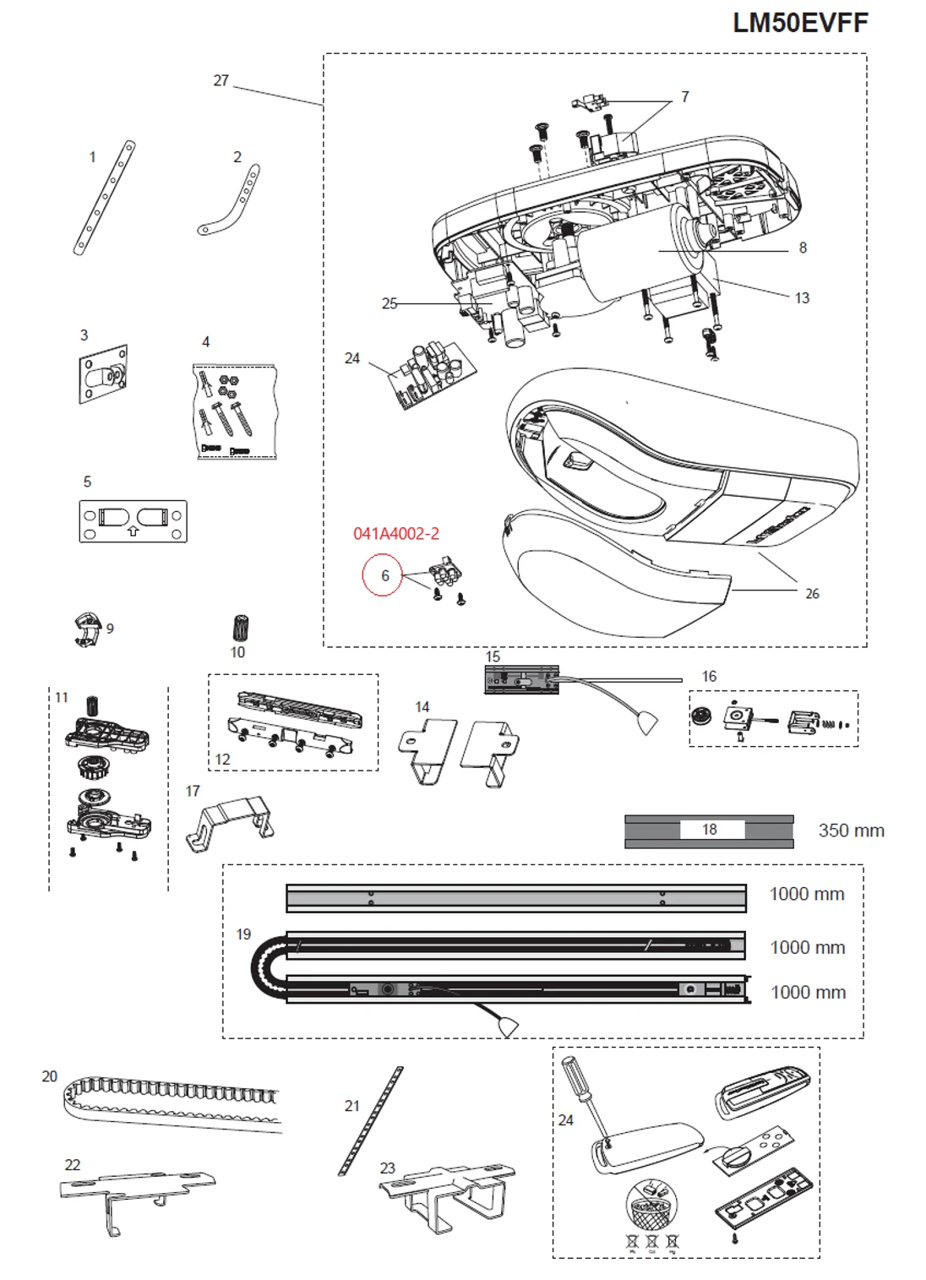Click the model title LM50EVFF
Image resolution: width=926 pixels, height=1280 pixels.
coord(799,23)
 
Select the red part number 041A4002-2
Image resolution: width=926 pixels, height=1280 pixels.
coord(396,534)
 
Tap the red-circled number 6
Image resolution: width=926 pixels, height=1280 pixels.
coord(384,575)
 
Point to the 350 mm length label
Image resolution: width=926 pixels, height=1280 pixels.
coord(851,831)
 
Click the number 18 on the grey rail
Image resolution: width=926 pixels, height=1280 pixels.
coord(710,830)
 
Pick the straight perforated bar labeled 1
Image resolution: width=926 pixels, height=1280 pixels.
coord(104,199)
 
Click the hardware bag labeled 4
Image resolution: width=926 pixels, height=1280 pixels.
coord(235,411)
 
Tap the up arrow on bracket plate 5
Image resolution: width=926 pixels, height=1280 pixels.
coord(133,531)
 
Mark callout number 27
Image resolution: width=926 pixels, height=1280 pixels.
coord(221,80)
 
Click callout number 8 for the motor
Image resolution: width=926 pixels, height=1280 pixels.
coord(803,248)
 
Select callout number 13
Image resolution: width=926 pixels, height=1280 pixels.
coord(802,298)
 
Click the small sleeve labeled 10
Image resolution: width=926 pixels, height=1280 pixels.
coord(241,629)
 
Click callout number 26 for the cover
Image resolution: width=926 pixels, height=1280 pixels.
coord(812,594)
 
